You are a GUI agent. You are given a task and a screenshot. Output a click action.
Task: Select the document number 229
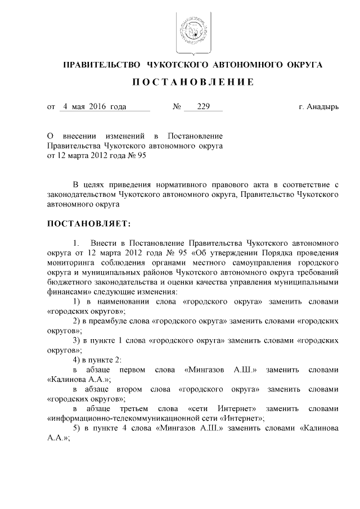pyautogui.click(x=196, y=106)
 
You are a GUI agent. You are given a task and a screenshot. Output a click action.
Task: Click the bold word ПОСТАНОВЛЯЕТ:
pyautogui.click(x=88, y=224)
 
